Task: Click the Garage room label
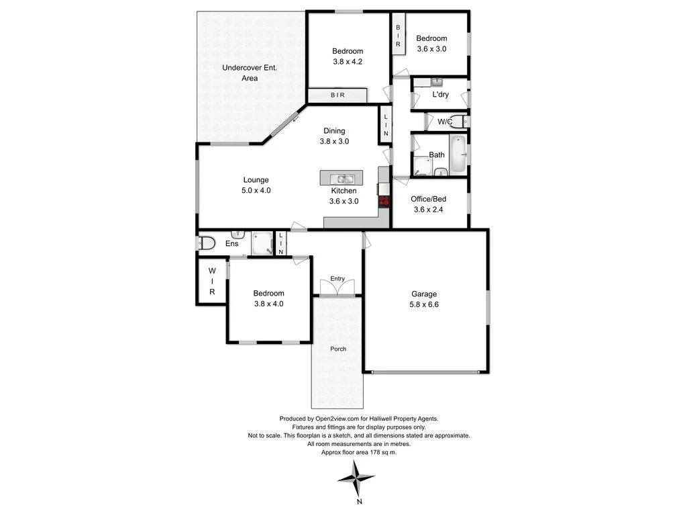[424, 294]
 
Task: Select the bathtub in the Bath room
[458, 153]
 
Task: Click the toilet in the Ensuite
[206, 243]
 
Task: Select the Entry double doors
[337, 288]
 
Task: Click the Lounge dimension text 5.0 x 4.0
[256, 190]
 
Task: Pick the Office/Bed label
[429, 199]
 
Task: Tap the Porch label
[338, 349]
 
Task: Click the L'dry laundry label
[440, 95]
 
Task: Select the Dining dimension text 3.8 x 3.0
[334, 141]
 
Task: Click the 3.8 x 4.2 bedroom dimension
[348, 62]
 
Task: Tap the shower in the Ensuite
[261, 244]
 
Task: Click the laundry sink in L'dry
[436, 82]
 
